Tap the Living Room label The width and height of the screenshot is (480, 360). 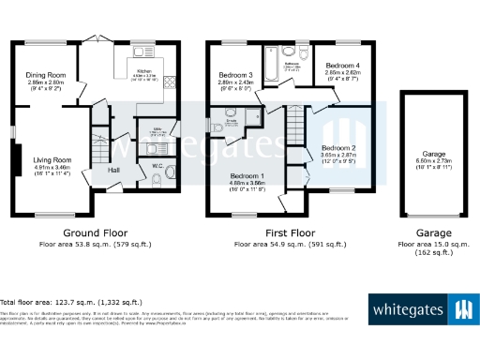45,160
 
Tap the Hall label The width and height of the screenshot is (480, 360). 113,170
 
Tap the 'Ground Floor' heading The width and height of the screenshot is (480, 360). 95,232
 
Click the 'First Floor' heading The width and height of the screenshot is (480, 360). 287,232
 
